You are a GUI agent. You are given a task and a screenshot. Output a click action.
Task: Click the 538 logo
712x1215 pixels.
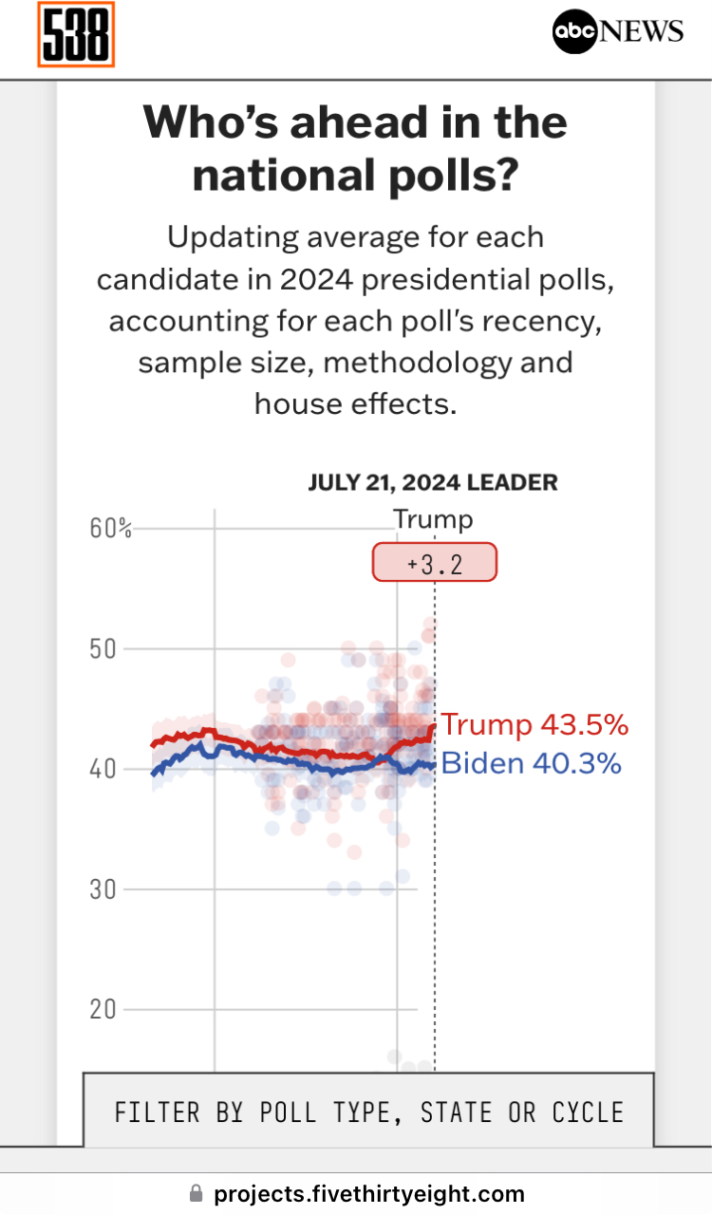(x=76, y=35)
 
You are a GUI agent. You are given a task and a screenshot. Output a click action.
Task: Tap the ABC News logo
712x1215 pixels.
(x=618, y=31)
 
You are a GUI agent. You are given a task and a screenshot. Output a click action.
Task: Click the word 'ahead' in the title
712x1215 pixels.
(x=380, y=123)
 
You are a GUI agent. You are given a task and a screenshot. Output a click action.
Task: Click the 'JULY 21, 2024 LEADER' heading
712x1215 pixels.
(x=433, y=482)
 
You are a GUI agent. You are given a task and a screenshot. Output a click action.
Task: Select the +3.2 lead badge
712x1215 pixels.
(x=434, y=563)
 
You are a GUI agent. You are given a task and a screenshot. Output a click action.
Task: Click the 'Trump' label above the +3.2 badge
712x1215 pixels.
(x=433, y=520)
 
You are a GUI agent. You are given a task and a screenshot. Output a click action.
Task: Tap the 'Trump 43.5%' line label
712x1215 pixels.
(x=534, y=725)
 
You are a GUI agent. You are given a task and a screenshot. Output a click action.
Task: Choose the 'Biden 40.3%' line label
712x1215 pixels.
(x=532, y=763)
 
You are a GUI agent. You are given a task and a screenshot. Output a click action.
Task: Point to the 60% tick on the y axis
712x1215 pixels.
(x=111, y=529)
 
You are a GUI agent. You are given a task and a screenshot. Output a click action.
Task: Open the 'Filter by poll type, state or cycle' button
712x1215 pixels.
(x=368, y=1112)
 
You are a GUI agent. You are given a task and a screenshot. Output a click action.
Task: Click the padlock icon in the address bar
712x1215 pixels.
(x=197, y=1193)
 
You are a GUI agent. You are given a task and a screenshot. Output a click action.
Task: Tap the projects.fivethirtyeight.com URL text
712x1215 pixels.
(x=369, y=1193)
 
